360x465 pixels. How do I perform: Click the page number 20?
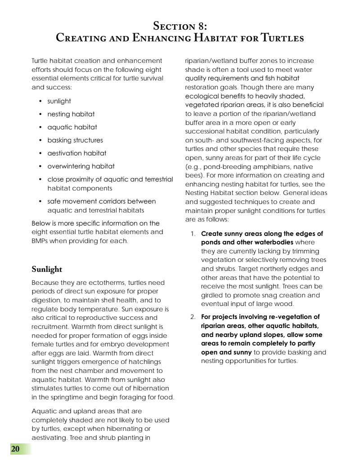point(15,449)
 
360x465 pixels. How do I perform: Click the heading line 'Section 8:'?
point(180,25)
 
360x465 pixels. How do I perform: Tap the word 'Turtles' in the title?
point(282,38)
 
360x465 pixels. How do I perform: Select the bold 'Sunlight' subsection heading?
point(47,269)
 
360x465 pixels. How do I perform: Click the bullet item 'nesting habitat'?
point(71,114)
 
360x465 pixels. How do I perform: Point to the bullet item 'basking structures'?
point(75,140)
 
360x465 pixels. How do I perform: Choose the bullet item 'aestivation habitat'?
point(76,153)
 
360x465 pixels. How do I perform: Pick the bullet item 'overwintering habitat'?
point(81,166)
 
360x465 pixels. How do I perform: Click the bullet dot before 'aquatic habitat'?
point(40,127)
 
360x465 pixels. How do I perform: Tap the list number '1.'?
point(193,234)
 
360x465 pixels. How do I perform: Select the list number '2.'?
point(193,317)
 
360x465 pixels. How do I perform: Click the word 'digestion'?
point(47,300)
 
